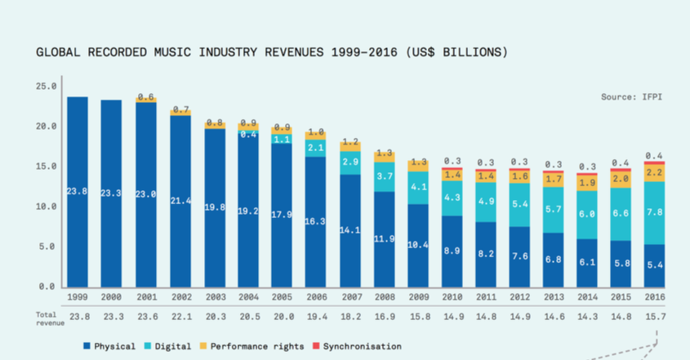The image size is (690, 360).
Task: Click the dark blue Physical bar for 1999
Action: (x=78, y=192)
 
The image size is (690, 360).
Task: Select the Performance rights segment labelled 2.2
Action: (x=653, y=173)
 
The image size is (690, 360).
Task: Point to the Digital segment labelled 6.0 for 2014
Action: (x=587, y=214)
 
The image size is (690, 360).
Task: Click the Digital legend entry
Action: (x=168, y=346)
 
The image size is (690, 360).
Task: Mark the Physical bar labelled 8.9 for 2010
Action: (x=451, y=251)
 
